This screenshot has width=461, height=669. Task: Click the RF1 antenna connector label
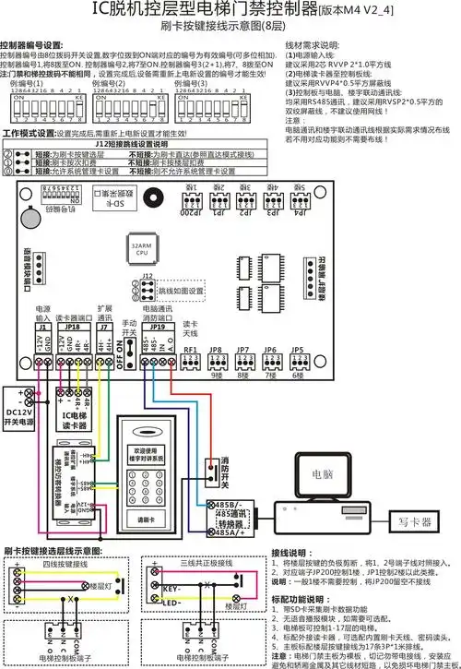click(x=191, y=350)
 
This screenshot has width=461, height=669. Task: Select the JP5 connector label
click(x=297, y=350)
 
